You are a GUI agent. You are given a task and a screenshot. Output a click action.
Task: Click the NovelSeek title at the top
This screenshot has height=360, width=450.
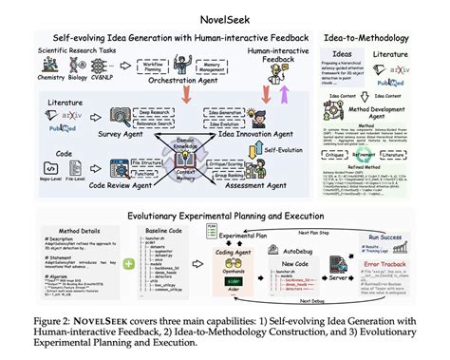tap(225, 13)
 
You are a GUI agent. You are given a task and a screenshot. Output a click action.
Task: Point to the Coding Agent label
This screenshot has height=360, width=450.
tap(236, 251)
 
